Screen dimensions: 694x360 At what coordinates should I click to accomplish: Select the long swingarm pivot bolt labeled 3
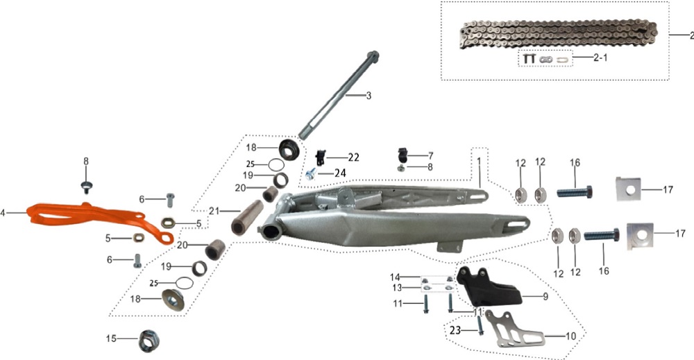tap(339, 95)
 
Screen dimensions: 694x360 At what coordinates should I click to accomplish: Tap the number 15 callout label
tap(111, 338)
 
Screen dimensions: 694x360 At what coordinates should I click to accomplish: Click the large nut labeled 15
tap(149, 341)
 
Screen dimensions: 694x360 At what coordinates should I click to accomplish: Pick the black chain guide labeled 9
tap(489, 286)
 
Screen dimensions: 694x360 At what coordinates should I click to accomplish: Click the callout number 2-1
tap(600, 58)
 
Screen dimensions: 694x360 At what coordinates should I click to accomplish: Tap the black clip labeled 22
tap(321, 157)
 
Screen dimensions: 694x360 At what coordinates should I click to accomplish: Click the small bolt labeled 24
tap(311, 173)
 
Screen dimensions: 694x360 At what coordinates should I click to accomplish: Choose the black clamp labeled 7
tap(403, 155)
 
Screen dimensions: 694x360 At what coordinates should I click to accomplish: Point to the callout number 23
tap(455, 330)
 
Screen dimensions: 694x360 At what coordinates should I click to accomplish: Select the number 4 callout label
tap(3, 213)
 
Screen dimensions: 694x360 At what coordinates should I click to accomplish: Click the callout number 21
tap(214, 211)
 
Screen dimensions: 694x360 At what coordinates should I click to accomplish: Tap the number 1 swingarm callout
tap(479, 162)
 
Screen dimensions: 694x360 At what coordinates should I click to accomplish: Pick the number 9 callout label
tap(545, 296)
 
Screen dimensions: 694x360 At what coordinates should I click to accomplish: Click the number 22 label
tap(354, 157)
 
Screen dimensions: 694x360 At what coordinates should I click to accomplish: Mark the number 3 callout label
tap(369, 95)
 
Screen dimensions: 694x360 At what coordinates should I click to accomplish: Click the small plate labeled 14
tap(436, 280)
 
